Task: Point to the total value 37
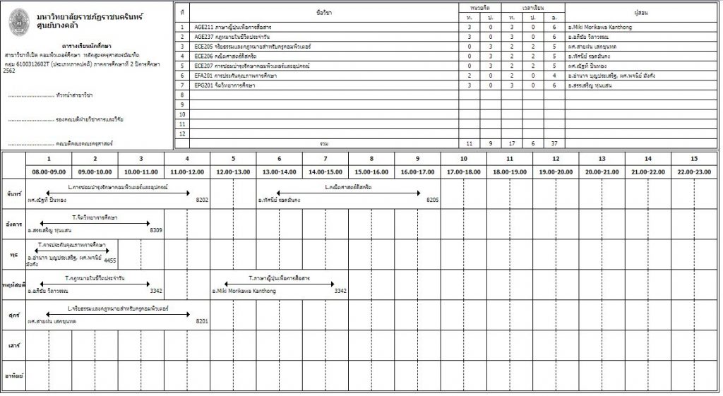(554, 143)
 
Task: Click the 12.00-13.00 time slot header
(233, 172)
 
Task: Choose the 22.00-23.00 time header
(694, 172)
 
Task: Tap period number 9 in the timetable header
(417, 159)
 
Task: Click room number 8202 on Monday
(202, 200)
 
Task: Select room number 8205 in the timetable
(432, 200)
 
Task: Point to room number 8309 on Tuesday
(156, 230)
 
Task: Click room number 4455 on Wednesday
(109, 260)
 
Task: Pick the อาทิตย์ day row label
(13, 376)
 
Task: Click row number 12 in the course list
(182, 133)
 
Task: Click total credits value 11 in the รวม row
(470, 143)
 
